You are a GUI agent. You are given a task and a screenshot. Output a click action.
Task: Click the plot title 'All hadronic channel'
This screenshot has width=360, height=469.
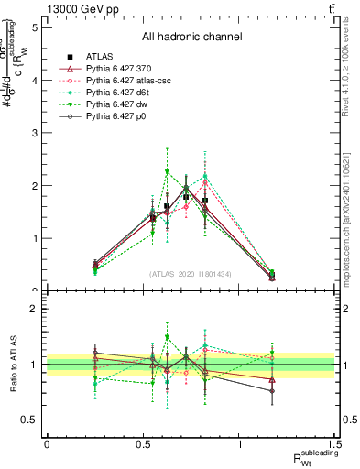click(191, 37)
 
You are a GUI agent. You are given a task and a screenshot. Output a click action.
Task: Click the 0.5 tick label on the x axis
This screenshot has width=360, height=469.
click(143, 443)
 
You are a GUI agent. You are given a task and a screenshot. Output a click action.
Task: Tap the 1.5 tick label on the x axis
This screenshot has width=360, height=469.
click(337, 443)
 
